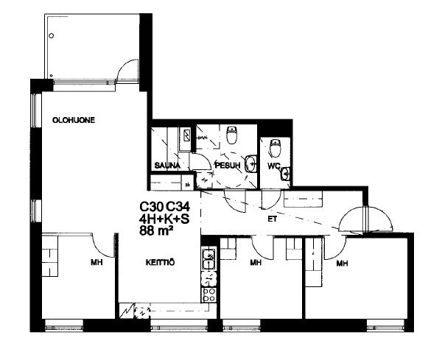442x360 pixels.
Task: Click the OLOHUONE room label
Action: [x=74, y=120]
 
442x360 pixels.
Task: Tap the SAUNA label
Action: [x=167, y=166]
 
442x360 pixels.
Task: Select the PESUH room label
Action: [x=228, y=165]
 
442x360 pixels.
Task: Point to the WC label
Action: [x=274, y=166]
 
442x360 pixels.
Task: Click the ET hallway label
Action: [x=273, y=219]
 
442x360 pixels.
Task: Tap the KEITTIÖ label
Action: [x=160, y=263]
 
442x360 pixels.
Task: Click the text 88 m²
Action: [x=156, y=231]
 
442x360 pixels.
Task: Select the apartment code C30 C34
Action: [x=164, y=207]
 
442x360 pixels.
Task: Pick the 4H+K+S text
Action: [x=164, y=219]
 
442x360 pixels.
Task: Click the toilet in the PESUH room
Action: [x=232, y=135]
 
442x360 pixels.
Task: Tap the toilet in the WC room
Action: [x=275, y=148]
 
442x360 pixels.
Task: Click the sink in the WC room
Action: [x=285, y=173]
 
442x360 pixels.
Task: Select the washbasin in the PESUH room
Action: [x=250, y=163]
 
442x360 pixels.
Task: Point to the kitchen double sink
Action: [x=209, y=259]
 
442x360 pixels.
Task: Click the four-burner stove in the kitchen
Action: [x=209, y=294]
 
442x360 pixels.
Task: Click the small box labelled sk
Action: [x=187, y=185]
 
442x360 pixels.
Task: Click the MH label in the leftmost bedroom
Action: [x=97, y=263]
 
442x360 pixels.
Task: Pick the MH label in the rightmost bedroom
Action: [x=342, y=264]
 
